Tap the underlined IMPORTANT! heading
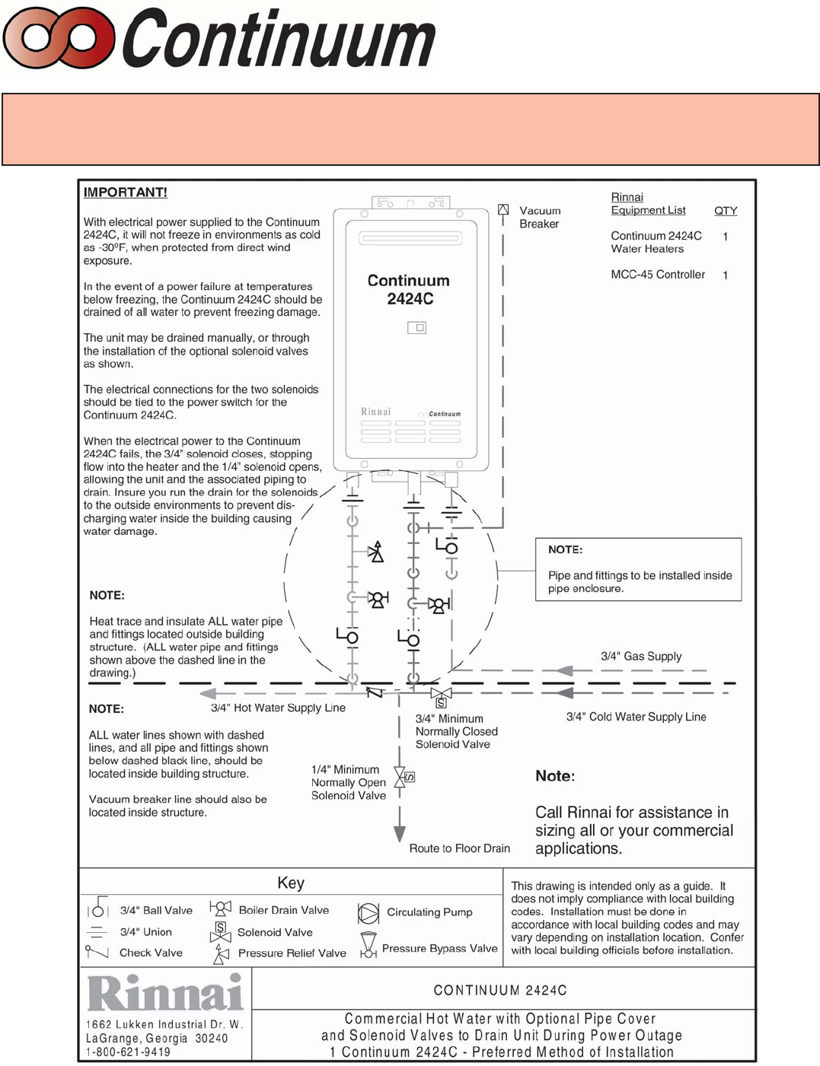click(x=125, y=193)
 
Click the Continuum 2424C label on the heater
click(x=409, y=290)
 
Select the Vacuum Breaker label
click(x=539, y=217)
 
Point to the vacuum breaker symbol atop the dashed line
click(x=503, y=209)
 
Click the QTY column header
click(x=725, y=211)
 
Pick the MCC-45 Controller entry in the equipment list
click(x=657, y=275)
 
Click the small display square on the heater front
click(x=416, y=328)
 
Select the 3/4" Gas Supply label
click(x=640, y=656)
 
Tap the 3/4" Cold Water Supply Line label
click(x=636, y=717)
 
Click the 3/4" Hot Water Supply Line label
click(x=278, y=708)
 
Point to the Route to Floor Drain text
click(x=459, y=848)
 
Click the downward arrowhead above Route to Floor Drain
click(x=399, y=834)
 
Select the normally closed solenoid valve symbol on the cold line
click(x=441, y=695)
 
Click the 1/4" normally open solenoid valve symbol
click(x=401, y=778)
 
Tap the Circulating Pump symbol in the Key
click(x=369, y=913)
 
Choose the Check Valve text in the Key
click(x=151, y=953)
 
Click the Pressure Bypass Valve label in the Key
click(x=439, y=949)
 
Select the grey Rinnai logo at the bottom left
click(x=165, y=993)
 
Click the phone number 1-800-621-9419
click(x=128, y=1052)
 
